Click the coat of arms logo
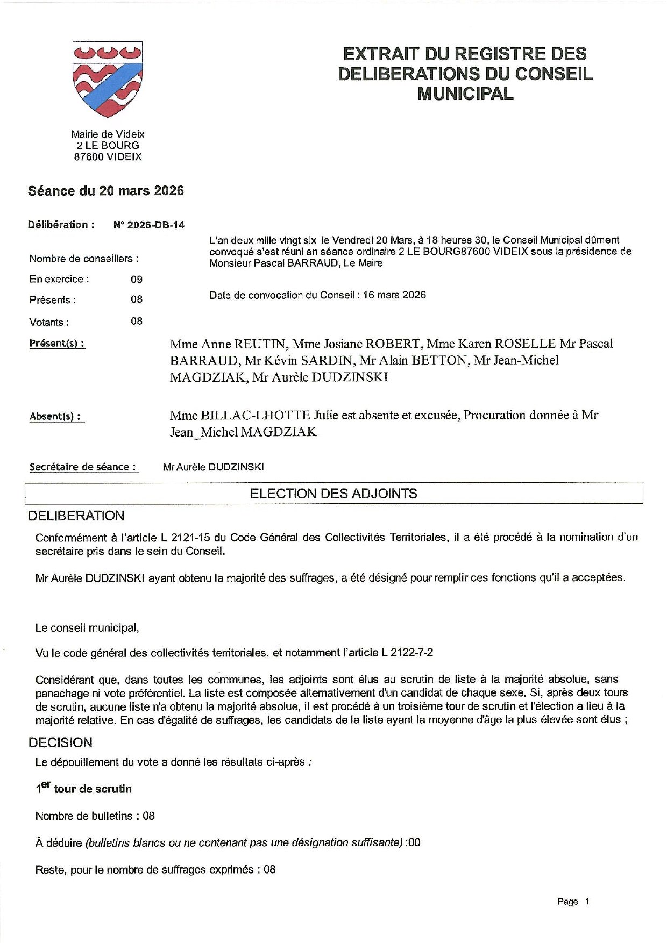click(108, 80)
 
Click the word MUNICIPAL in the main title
click(465, 94)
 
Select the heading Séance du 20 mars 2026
click(106, 191)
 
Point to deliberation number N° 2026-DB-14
click(149, 225)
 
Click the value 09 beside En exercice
click(137, 279)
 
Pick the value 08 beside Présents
click(137, 299)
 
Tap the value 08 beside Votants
click(137, 321)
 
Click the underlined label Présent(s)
click(57, 344)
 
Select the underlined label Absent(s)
click(55, 416)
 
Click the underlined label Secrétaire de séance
click(83, 467)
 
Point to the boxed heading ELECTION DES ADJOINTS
click(334, 494)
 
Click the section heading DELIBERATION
click(76, 516)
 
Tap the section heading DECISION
click(60, 742)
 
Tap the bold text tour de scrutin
click(93, 789)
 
